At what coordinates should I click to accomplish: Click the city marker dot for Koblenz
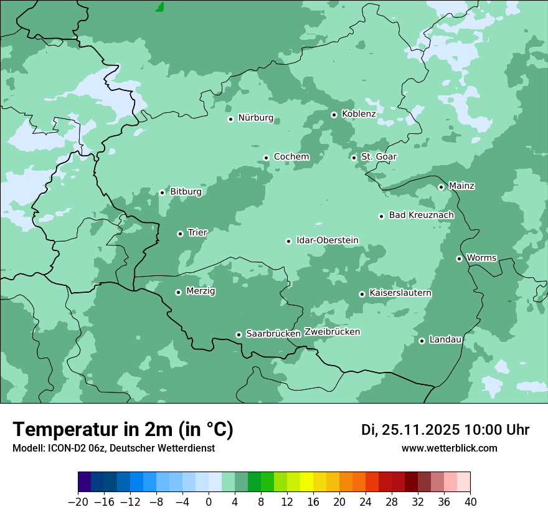(334, 115)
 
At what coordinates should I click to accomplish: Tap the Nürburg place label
(255, 118)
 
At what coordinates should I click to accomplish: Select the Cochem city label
(291, 157)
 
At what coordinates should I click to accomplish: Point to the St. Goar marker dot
(354, 158)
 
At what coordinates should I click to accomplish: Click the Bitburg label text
(186, 192)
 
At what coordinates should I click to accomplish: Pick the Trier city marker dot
(180, 234)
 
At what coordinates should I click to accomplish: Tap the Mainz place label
(461, 186)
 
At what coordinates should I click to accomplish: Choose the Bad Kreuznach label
(421, 216)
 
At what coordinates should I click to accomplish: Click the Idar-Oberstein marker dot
(288, 241)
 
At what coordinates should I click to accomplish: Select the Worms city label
(481, 258)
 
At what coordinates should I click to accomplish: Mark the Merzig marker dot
(178, 292)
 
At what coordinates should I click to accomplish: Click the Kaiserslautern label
(400, 293)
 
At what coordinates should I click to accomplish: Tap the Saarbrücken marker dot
(239, 334)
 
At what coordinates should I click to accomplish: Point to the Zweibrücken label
(332, 332)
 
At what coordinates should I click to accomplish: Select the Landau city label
(445, 340)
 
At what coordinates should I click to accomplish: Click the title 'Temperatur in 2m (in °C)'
(123, 430)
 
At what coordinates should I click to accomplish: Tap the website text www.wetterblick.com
(449, 448)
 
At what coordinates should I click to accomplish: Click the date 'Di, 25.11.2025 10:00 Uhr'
(445, 430)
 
